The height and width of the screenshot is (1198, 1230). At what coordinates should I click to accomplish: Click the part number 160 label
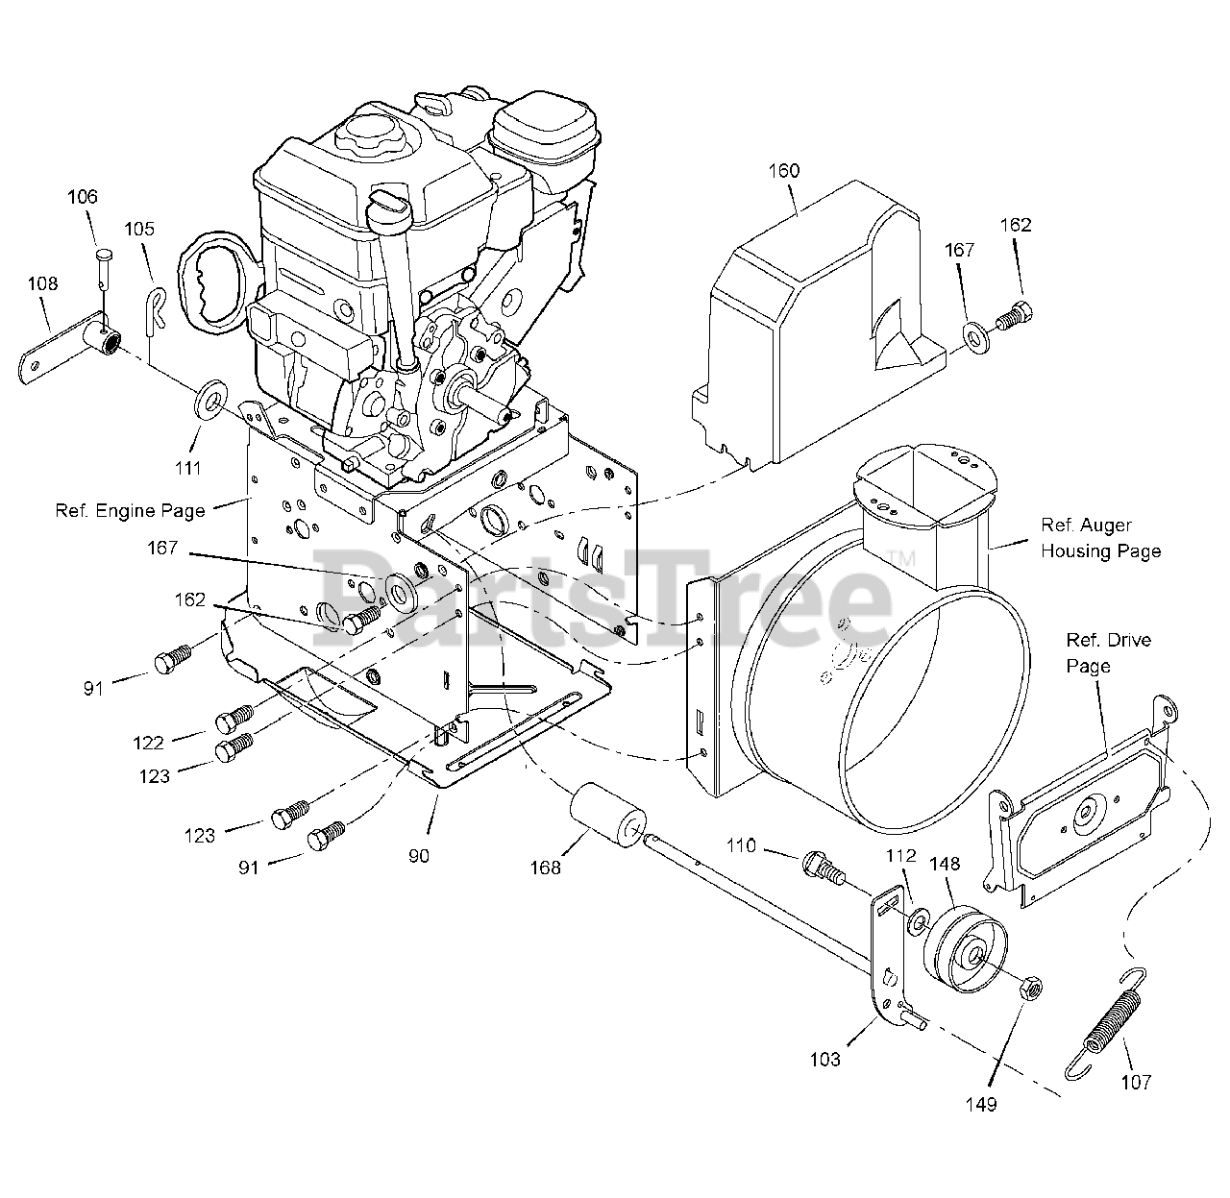click(784, 171)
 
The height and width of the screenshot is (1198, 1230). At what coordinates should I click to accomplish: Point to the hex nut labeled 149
click(1031, 987)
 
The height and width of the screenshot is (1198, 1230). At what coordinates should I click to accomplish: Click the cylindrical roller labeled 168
click(608, 815)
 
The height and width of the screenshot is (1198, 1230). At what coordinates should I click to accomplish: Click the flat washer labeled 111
click(209, 399)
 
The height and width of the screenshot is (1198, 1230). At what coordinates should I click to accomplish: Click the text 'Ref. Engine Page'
click(130, 510)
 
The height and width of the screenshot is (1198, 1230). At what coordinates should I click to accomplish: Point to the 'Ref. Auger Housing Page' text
click(1100, 538)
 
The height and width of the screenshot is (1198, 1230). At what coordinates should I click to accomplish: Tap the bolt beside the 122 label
click(234, 719)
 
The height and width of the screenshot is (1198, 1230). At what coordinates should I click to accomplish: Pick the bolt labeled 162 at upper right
click(1015, 316)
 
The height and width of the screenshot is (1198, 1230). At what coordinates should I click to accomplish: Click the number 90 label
click(418, 856)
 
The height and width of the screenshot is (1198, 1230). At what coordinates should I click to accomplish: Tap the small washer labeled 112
click(918, 922)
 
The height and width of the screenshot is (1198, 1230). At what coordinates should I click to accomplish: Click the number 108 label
click(42, 283)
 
